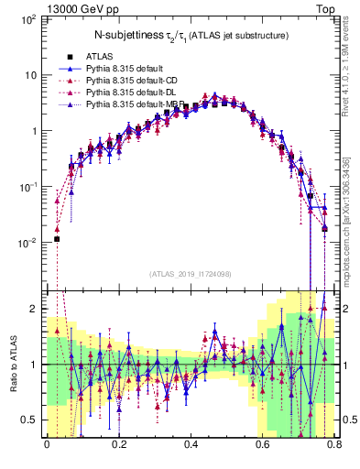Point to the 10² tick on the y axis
tap(29, 19)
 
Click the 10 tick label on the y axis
tap(31, 75)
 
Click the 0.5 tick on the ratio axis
tap(30, 420)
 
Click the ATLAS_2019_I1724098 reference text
tap(191, 273)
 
